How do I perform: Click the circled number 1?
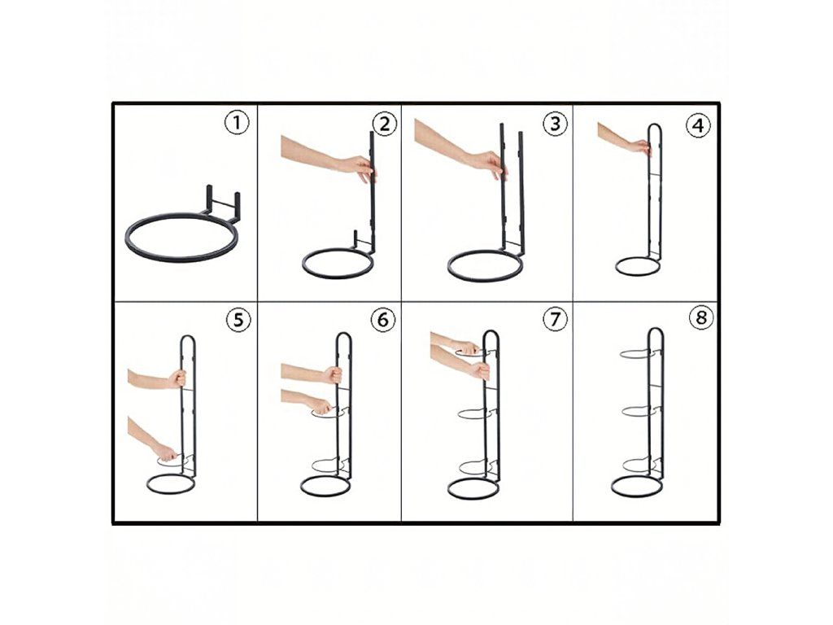point(237,124)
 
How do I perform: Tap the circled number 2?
point(385,125)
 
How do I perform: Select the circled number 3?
point(555,124)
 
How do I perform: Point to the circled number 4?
point(698,126)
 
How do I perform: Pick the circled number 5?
point(238,320)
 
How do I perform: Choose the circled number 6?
point(383,320)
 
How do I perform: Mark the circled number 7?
point(555,319)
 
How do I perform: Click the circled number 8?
point(701,318)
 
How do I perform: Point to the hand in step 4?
point(639,147)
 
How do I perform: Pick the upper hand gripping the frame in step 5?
point(177,378)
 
